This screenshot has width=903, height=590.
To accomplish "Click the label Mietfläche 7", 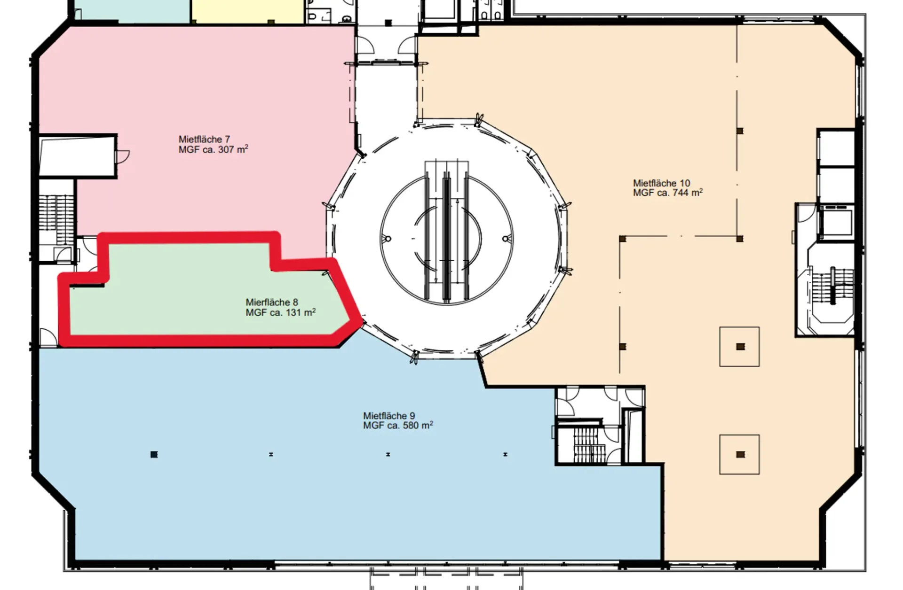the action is (x=204, y=140).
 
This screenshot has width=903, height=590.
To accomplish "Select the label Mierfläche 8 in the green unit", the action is (x=271, y=303).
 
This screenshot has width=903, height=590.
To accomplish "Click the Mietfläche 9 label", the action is (x=389, y=416).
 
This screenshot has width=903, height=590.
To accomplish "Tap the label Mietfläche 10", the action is (x=661, y=183).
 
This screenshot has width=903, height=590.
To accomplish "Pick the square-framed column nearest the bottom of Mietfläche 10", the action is (x=739, y=454).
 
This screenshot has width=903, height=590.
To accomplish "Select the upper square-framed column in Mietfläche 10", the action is (x=739, y=347).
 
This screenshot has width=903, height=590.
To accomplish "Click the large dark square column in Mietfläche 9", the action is (x=154, y=454).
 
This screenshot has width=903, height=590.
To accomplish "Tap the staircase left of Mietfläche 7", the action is (x=56, y=218).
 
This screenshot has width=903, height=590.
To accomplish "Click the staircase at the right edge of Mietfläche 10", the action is (x=832, y=287).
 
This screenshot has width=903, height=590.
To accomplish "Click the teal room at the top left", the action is (x=132, y=10).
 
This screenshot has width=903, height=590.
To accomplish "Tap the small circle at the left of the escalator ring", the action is (x=388, y=239).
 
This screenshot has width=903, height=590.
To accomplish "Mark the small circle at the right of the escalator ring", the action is (x=506, y=239).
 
